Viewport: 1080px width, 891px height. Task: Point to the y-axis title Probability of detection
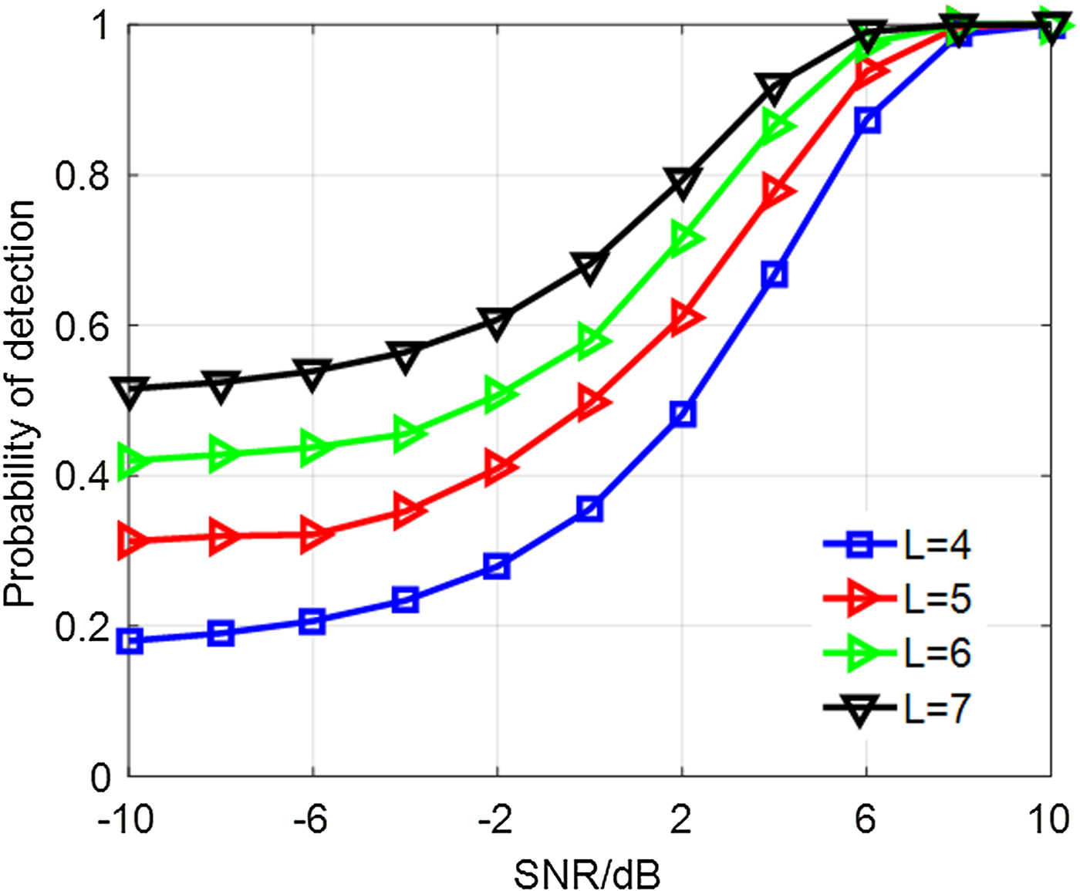click(20, 403)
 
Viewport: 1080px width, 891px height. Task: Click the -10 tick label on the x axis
click(126, 819)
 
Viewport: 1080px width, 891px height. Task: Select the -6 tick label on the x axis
click(311, 819)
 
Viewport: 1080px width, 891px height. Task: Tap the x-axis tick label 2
click(680, 819)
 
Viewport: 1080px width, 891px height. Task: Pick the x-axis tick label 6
click(866, 819)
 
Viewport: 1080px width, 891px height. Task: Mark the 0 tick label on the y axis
click(101, 777)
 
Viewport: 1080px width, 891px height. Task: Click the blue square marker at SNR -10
click(130, 641)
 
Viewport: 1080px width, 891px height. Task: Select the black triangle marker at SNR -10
click(130, 391)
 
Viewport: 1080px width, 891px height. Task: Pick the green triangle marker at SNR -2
click(499, 395)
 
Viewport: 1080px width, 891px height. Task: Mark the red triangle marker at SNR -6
click(314, 535)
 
